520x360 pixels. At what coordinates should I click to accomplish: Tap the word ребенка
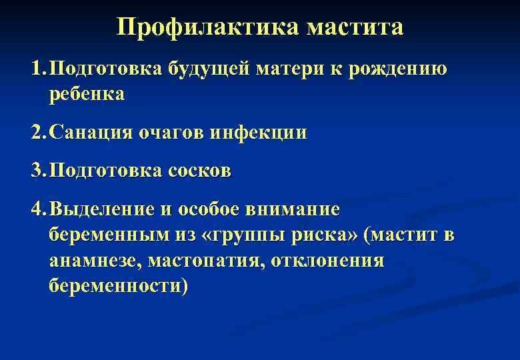(x=87, y=94)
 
